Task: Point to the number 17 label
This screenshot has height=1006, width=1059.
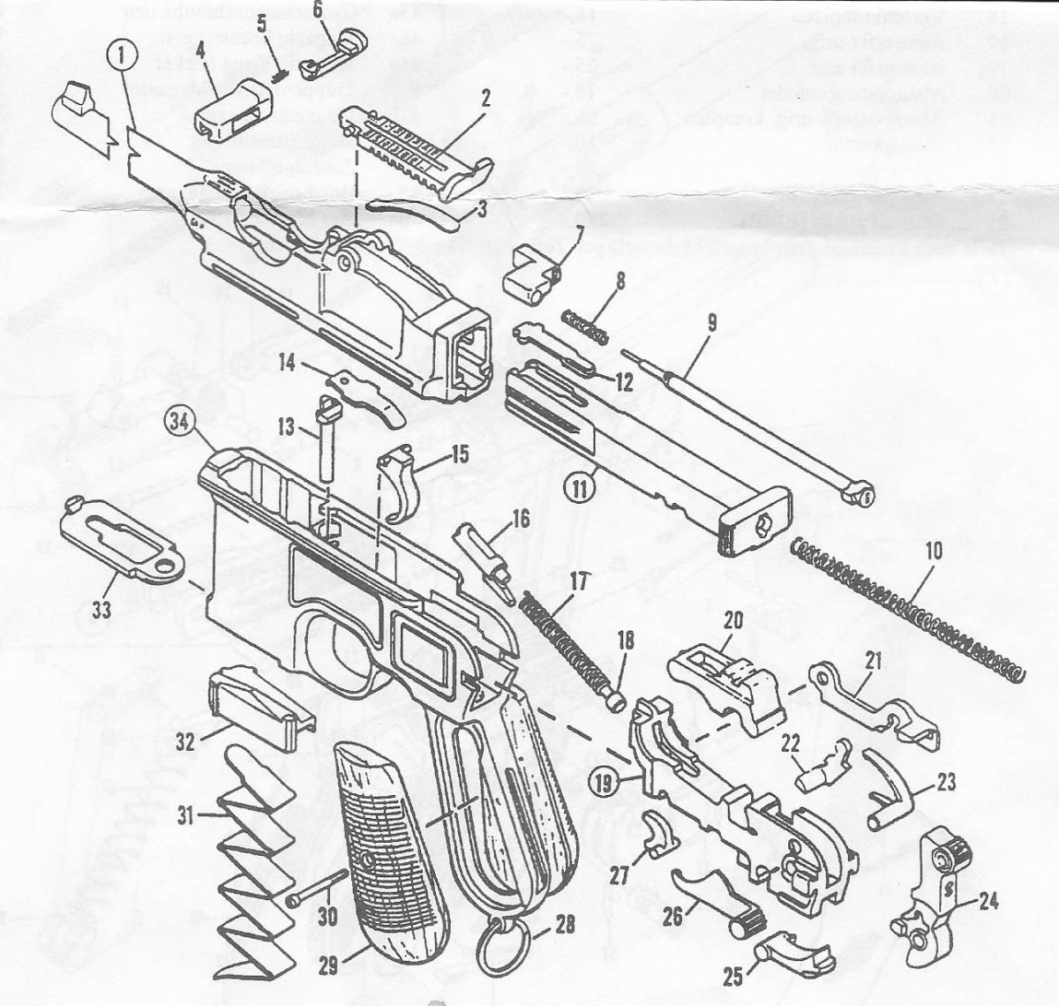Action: click(578, 583)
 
